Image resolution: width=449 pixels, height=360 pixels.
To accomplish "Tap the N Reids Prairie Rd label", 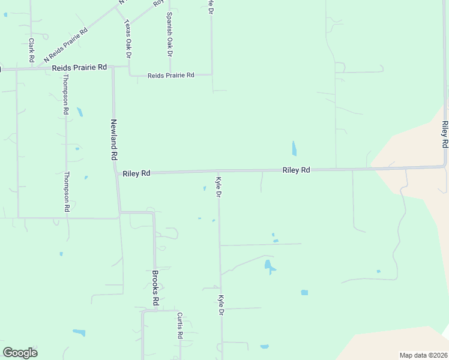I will pos(66,46).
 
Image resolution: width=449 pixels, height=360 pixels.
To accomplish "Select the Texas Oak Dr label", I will pos(127,38).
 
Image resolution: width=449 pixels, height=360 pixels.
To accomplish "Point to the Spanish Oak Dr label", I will pos(170,34).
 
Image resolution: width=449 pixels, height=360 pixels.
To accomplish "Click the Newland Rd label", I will pos(113,139).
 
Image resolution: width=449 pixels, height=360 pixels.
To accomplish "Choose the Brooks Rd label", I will pos(154,288).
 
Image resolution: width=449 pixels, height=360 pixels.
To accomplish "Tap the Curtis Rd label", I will pos(179,326).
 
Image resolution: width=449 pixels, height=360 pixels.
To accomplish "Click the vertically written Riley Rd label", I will pos(444,134).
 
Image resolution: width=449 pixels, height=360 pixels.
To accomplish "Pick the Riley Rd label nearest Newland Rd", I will pos(136,173).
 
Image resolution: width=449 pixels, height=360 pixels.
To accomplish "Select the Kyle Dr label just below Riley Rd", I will pos(218,187).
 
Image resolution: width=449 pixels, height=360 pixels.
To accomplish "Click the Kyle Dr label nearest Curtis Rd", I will pos(221,305).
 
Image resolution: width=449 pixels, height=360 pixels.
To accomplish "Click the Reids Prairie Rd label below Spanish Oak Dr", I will pos(171,75).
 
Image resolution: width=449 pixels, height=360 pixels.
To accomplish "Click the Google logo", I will pos(20,353).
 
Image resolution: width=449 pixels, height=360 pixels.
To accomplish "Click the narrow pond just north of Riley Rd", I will pos(294,148).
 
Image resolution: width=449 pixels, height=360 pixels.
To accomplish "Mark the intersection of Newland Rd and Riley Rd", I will pos(115,173).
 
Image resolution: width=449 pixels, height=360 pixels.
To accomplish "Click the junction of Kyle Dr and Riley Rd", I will pos(218,172).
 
